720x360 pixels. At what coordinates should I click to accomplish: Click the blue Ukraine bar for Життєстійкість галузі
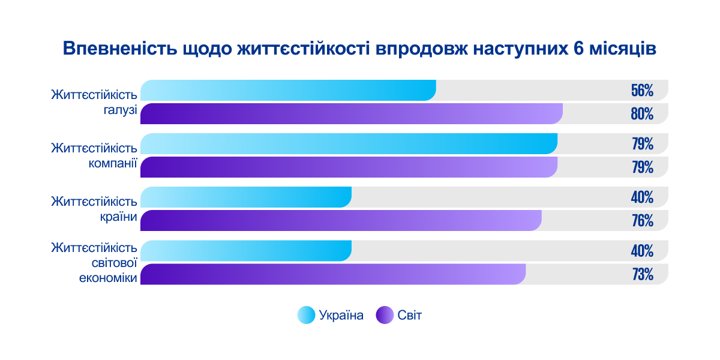point(288,90)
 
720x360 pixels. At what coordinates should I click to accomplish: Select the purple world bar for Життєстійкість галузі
point(351,113)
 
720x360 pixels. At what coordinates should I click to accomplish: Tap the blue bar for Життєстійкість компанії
point(348,144)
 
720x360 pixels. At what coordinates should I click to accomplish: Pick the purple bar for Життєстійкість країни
point(341,221)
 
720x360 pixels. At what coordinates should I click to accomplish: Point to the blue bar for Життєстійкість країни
point(246,197)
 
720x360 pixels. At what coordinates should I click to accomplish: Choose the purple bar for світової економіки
point(333,274)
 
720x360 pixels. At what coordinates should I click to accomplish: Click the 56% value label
point(641,91)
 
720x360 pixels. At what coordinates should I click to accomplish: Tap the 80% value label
point(641,114)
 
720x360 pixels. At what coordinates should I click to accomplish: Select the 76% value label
point(641,221)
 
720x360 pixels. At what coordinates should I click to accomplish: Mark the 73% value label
point(641,275)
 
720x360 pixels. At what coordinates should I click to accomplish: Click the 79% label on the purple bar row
point(641,167)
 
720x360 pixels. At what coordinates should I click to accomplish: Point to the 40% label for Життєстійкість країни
point(641,197)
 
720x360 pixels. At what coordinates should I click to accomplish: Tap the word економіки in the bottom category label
point(109,277)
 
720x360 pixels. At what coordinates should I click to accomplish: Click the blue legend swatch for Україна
point(306,315)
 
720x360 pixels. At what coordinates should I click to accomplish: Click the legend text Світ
point(410,315)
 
